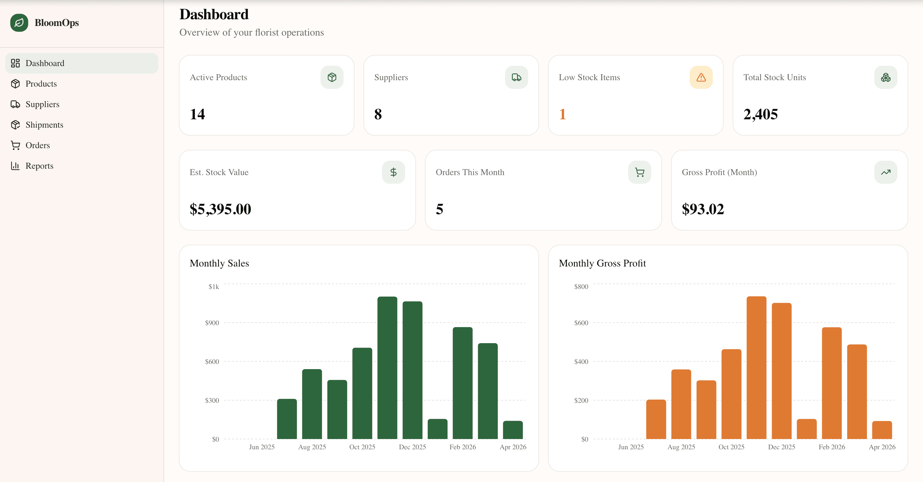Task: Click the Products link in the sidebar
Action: pos(41,84)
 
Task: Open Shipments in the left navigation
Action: pos(44,125)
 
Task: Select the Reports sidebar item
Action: pos(39,166)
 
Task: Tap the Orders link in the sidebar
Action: pos(37,145)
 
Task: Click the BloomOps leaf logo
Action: pos(19,22)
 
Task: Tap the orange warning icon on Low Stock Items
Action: pos(701,78)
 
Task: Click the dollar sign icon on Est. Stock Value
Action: pos(393,173)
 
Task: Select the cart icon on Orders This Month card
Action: pos(639,173)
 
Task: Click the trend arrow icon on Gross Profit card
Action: pos(886,173)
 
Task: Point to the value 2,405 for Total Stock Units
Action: pos(760,114)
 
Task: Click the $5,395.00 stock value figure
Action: pos(220,209)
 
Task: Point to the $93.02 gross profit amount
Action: pos(703,209)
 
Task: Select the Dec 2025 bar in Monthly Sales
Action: pos(412,369)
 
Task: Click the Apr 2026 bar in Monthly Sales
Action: pos(513,430)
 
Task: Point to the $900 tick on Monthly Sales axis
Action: pos(212,323)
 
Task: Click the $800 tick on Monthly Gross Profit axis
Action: pos(581,287)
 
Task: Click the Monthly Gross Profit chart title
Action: pos(602,263)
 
